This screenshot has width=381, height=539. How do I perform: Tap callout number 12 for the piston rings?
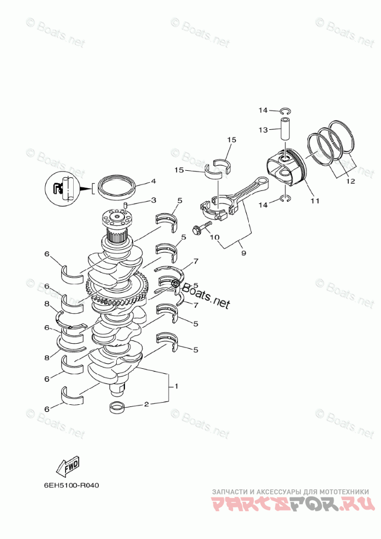point(349,181)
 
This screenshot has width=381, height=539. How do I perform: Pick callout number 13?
point(263,130)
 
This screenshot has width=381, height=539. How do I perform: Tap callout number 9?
point(243,253)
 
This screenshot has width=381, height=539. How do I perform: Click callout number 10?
point(215,237)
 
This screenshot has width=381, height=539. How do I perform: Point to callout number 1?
point(176,386)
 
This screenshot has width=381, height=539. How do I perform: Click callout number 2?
point(146,404)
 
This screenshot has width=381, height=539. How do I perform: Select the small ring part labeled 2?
point(117,406)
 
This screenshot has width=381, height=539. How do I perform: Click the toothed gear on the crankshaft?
point(118,290)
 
